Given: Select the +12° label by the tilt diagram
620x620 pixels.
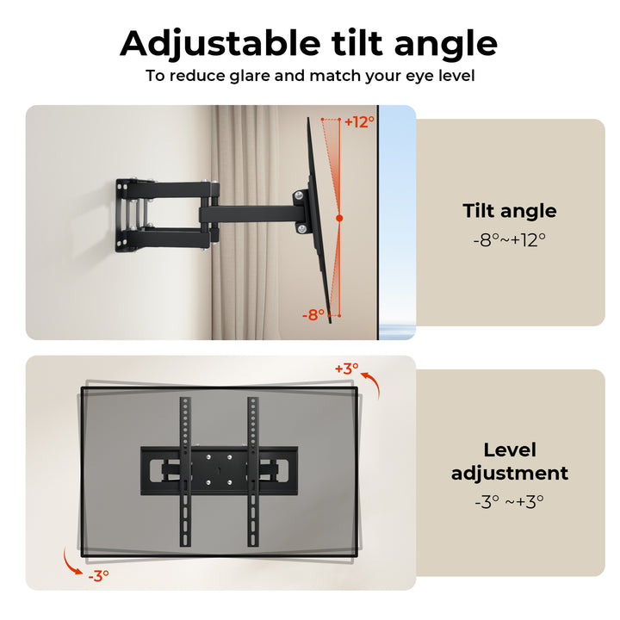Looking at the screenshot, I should tap(360, 122).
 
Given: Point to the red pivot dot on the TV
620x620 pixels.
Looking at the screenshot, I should tap(339, 219).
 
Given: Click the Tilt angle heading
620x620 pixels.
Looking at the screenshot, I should tap(510, 211).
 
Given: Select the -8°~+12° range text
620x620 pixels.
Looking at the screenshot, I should tap(510, 240).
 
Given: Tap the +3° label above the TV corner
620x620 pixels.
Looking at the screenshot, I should tap(346, 369).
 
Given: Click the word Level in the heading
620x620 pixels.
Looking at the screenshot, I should tap(510, 449).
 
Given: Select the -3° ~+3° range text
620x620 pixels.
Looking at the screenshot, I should tap(510, 501).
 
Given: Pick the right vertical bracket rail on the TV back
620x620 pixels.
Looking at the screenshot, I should tap(253, 469).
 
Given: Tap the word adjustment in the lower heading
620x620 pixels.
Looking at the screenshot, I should tap(510, 473).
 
